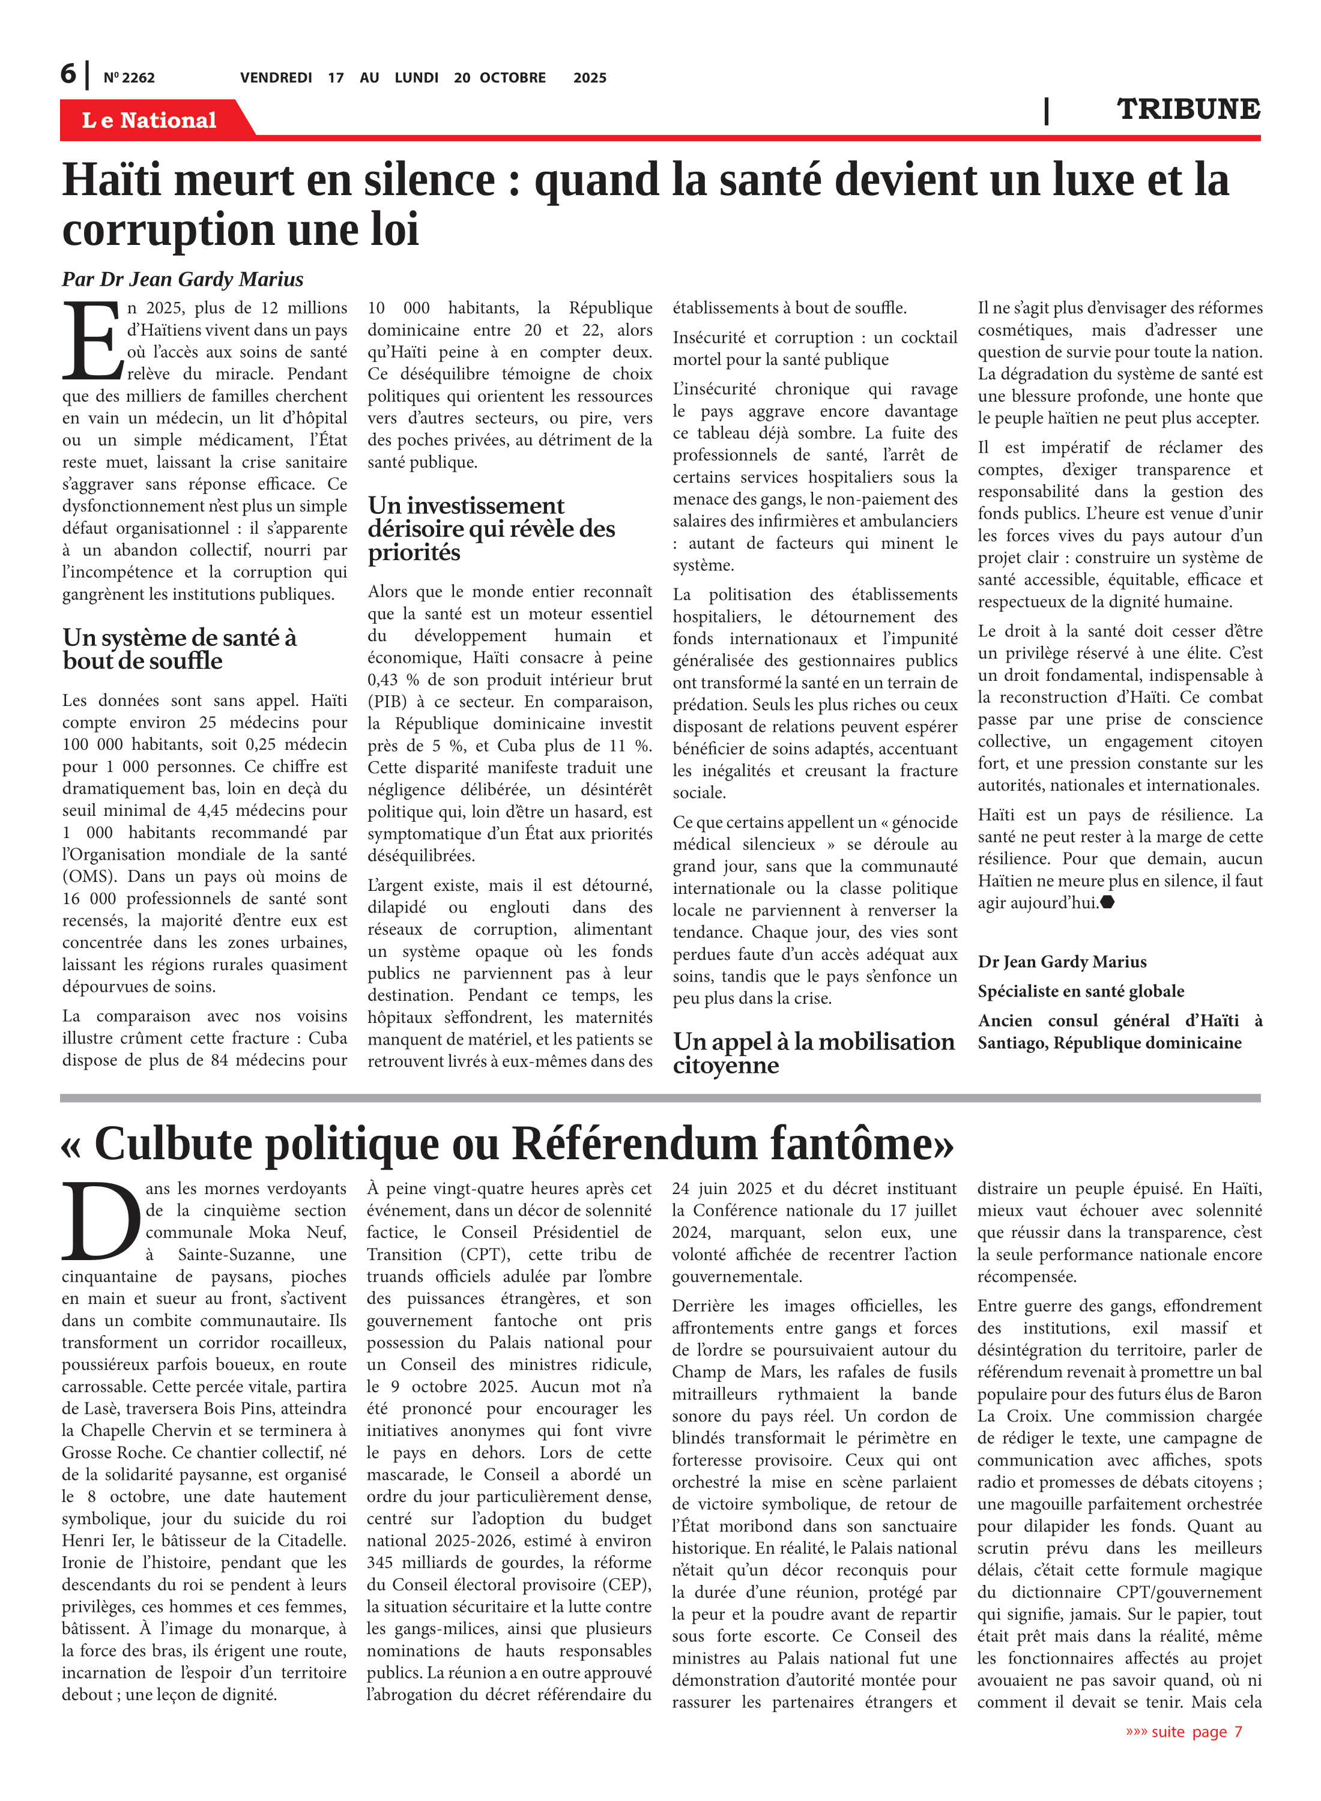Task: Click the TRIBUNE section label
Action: point(1188,109)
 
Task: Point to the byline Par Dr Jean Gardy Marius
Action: point(183,279)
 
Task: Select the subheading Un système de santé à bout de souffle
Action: point(180,649)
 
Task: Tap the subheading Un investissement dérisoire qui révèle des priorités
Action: point(491,528)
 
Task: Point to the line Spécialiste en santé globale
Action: point(1080,991)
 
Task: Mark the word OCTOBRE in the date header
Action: point(513,78)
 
